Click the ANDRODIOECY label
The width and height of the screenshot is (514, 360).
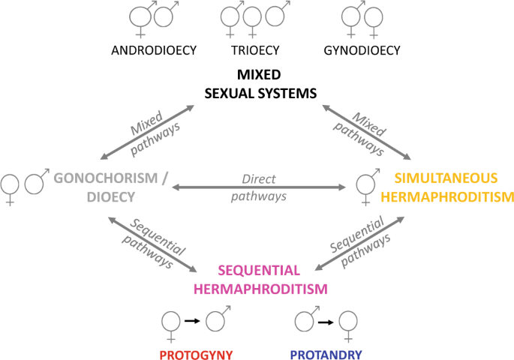pyautogui.click(x=154, y=51)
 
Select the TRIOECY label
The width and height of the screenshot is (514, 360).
pyautogui.click(x=254, y=51)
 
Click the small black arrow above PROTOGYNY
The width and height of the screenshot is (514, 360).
pyautogui.click(x=192, y=321)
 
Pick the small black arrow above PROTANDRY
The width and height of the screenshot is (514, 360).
pyautogui.click(x=325, y=321)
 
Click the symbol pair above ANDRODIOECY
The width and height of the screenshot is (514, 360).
pyautogui.click(x=153, y=18)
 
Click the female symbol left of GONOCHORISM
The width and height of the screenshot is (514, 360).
pyautogui.click(x=11, y=188)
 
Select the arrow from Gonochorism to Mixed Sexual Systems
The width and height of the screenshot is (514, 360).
pyautogui.click(x=146, y=131)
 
